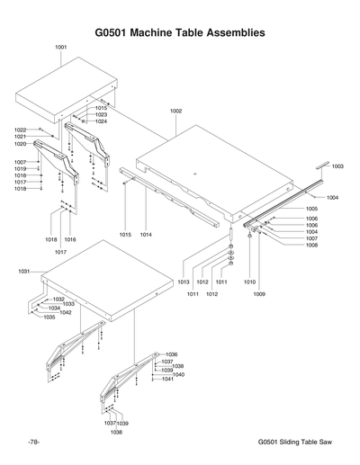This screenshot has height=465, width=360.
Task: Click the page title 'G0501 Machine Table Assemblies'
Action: click(x=180, y=32)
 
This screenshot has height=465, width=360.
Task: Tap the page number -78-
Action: click(x=32, y=443)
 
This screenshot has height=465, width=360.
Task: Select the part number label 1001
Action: click(x=61, y=46)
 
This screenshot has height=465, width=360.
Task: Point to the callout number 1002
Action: click(x=175, y=111)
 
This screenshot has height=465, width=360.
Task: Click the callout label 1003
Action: click(x=337, y=166)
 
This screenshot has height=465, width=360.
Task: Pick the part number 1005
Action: click(x=311, y=208)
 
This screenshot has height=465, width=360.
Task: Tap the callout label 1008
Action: click(x=311, y=245)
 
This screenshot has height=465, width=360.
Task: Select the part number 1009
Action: click(x=258, y=293)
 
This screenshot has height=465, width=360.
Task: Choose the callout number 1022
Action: click(x=21, y=130)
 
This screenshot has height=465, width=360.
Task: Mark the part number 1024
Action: click(x=101, y=121)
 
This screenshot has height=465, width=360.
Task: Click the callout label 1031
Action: click(x=24, y=271)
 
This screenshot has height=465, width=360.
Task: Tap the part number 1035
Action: click(x=49, y=317)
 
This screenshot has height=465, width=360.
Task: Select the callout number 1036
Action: click(x=172, y=354)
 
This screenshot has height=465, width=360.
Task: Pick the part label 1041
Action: click(x=167, y=379)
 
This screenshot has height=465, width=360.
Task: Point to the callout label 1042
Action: click(x=66, y=312)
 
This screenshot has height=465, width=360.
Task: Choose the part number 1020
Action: click(x=21, y=144)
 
